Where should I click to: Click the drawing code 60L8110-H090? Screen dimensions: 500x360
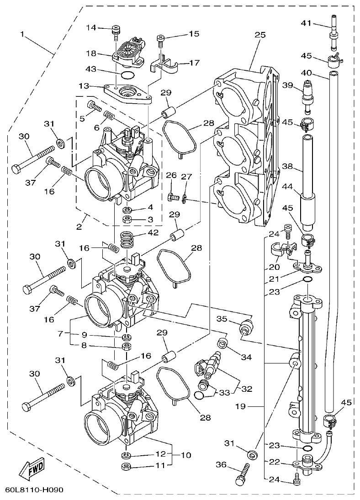pos(34,490)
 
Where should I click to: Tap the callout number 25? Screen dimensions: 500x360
pos(260,35)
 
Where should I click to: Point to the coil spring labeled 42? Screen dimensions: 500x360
pos(128,240)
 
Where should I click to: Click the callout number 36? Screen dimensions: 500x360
pos(221,465)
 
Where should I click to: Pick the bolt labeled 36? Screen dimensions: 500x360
pos(241,474)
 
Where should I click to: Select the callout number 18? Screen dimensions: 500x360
pos(91,53)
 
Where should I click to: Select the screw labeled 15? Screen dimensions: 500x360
pos(160,41)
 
